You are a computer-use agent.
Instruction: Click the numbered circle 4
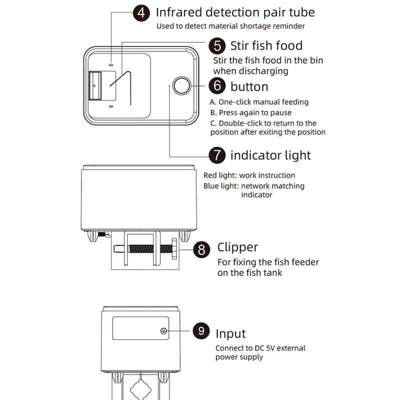point(142,12)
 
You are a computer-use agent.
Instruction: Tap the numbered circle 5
point(217,46)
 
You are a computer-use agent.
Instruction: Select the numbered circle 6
point(217,86)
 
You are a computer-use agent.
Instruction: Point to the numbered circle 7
point(217,155)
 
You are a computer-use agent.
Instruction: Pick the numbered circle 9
point(201,331)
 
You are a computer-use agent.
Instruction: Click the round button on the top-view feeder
point(181,86)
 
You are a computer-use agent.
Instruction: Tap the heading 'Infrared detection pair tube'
point(235,12)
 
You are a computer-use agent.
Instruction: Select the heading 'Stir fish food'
point(266,46)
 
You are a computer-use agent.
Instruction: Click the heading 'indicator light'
point(270,155)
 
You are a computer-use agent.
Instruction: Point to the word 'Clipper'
point(237,247)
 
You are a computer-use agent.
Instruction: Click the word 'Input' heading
point(230,333)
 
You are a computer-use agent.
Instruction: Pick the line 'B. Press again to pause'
point(250,112)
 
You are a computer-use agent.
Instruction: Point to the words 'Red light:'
point(220,175)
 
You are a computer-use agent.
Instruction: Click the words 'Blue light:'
point(220,186)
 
